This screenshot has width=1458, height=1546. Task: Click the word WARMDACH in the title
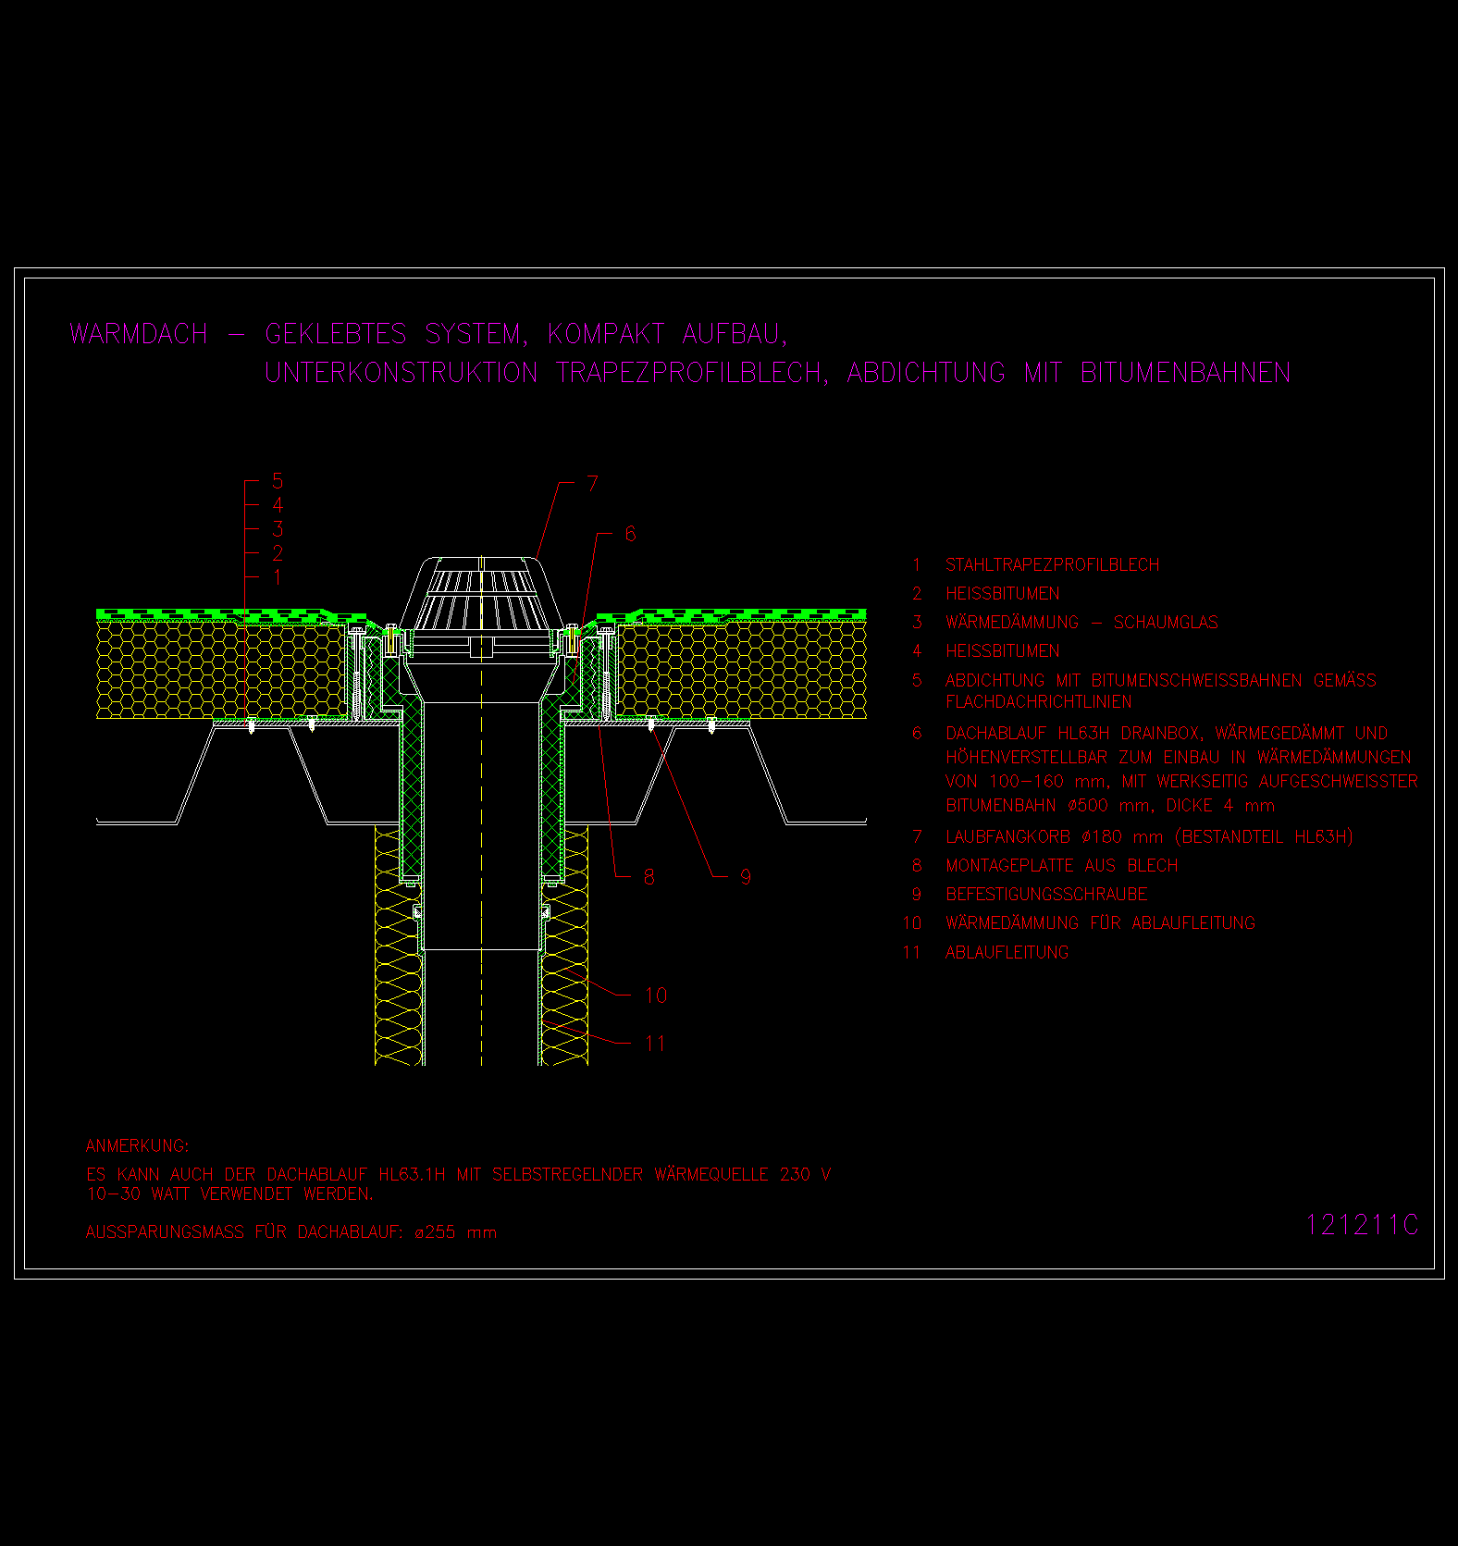pos(139,334)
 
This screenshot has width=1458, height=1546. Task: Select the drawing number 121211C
pos(1362,1225)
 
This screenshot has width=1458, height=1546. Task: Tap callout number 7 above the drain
pos(592,484)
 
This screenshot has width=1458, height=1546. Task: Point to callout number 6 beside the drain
pos(630,534)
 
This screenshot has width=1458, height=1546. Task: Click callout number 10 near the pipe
pos(656,996)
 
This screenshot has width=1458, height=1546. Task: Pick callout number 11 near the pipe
pos(656,1044)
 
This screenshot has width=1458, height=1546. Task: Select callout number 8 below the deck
pos(649,876)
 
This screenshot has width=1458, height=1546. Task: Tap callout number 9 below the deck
pos(746,876)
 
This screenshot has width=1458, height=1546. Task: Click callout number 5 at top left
pos(278,481)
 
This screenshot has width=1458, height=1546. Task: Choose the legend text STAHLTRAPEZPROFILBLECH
pos(1052,565)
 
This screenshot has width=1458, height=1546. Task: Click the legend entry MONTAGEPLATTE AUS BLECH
pos(1061,866)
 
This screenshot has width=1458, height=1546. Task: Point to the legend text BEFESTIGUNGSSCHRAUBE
pos(1046,895)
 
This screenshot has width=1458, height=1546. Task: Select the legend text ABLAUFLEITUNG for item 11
pos(1007,952)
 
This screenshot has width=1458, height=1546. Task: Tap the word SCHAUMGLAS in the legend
pos(1166,623)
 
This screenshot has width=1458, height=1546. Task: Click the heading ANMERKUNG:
pos(137,1146)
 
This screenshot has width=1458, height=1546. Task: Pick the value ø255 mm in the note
pos(456,1232)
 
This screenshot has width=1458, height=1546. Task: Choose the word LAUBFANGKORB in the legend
pos(1007,837)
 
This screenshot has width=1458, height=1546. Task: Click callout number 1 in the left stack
pos(278,577)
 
